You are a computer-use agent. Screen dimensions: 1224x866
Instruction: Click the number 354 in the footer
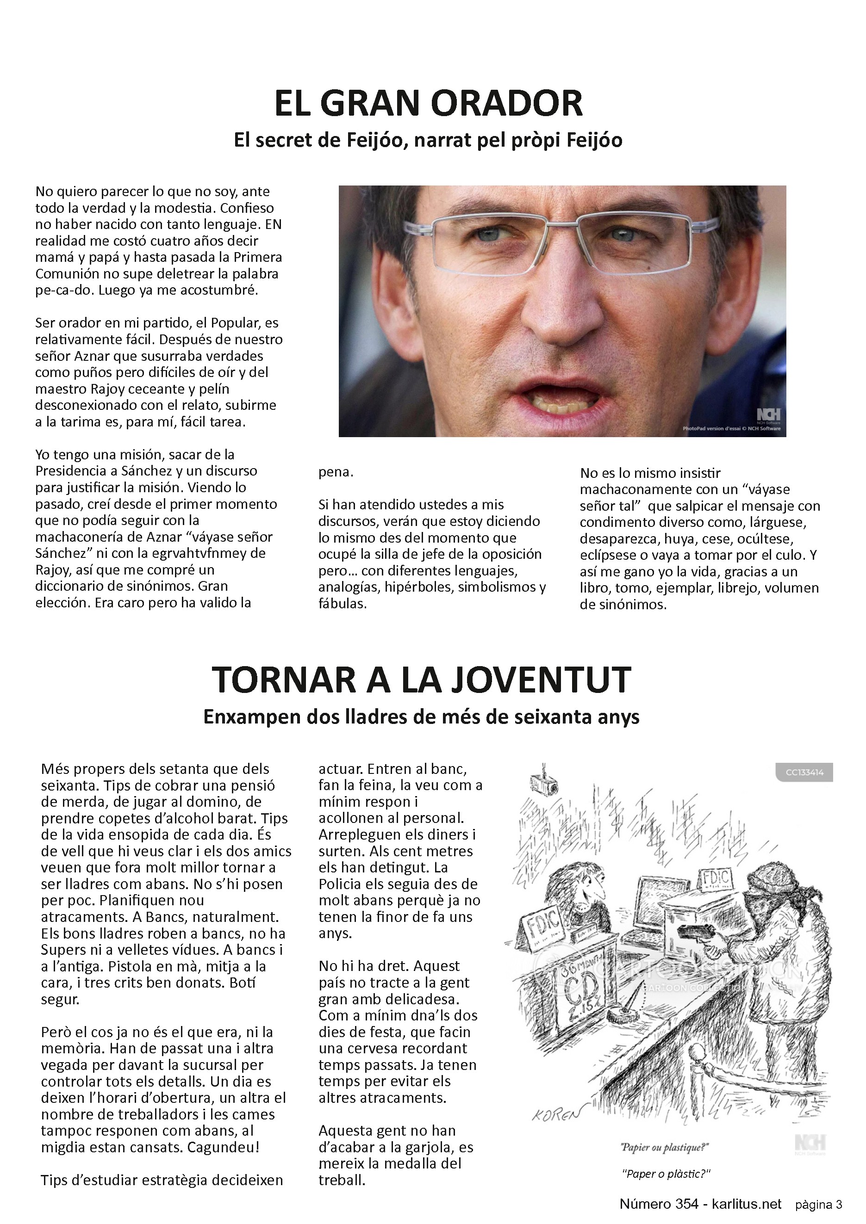[680, 1204]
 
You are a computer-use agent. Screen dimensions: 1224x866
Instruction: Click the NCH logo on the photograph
[768, 415]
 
